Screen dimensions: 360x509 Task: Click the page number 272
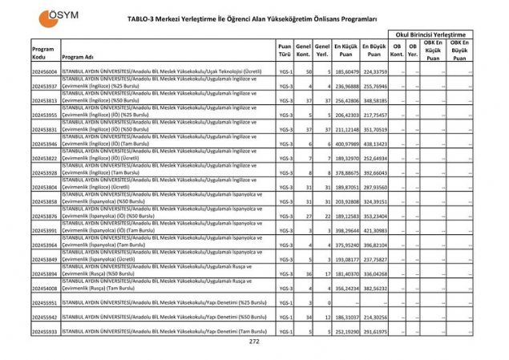pos(254,342)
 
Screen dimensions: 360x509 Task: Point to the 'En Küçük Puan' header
pos(346,52)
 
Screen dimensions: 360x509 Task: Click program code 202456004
pos(45,71)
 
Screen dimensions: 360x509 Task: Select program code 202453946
pos(45,144)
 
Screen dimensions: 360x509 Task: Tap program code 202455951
pos(45,303)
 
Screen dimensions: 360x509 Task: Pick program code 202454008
pos(45,287)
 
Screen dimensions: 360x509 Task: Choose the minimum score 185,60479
pos(346,71)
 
